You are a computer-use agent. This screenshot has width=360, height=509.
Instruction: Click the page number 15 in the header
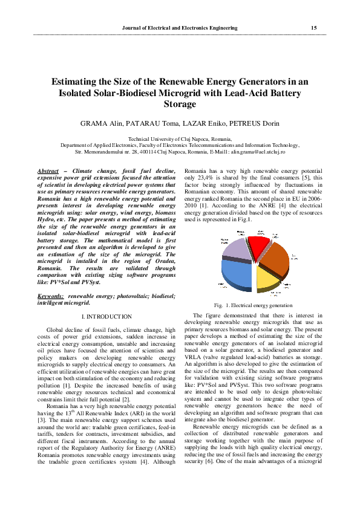[313, 28]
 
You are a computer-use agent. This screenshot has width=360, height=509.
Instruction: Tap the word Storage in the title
[180, 104]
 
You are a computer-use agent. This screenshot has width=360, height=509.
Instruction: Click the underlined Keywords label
[50, 297]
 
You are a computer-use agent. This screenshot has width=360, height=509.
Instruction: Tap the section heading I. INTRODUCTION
[106, 317]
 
